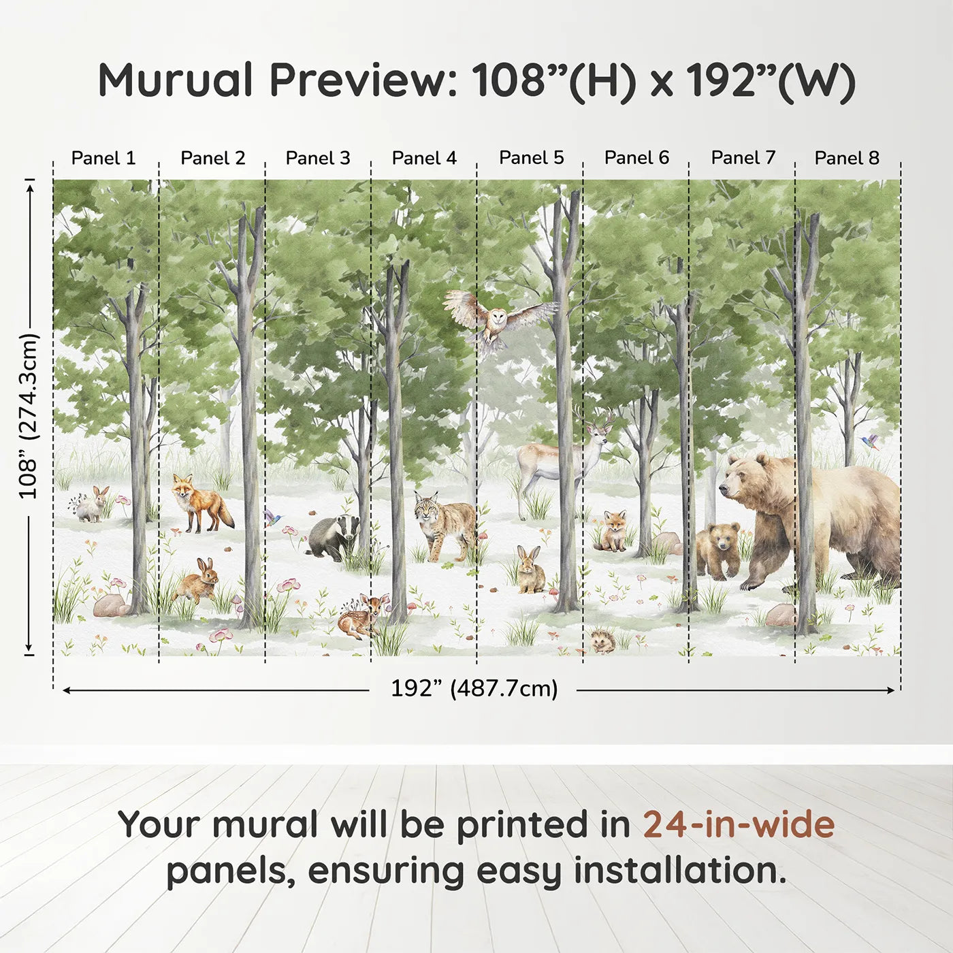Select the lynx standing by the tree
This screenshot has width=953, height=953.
(444, 524)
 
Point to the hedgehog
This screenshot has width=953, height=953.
(602, 641)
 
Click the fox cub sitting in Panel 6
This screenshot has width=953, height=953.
(613, 531)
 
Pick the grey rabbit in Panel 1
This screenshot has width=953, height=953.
(93, 505)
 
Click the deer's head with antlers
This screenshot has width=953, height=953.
(598, 425)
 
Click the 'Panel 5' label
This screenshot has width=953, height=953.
(531, 158)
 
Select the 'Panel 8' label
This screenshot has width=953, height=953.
(847, 158)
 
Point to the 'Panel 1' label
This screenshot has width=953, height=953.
(103, 158)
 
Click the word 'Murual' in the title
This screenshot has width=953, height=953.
(176, 80)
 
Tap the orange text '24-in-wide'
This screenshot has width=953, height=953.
(739, 825)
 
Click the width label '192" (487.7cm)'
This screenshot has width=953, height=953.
(474, 689)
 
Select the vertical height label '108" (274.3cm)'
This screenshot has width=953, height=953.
(29, 416)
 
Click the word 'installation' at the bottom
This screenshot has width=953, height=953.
(679, 871)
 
